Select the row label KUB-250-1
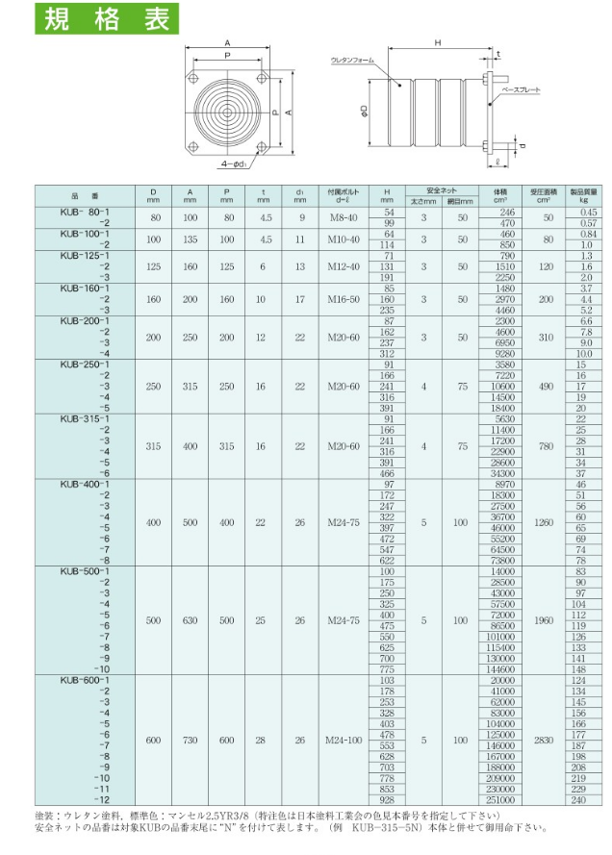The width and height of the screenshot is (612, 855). [86, 365]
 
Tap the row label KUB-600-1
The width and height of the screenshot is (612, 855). [86, 681]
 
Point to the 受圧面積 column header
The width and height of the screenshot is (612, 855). [543, 194]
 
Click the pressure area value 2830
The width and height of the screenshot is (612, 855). [544, 741]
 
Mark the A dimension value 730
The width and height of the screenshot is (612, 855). [190, 741]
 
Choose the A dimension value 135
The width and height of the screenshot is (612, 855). [190, 239]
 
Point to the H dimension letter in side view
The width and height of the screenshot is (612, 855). [437, 42]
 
